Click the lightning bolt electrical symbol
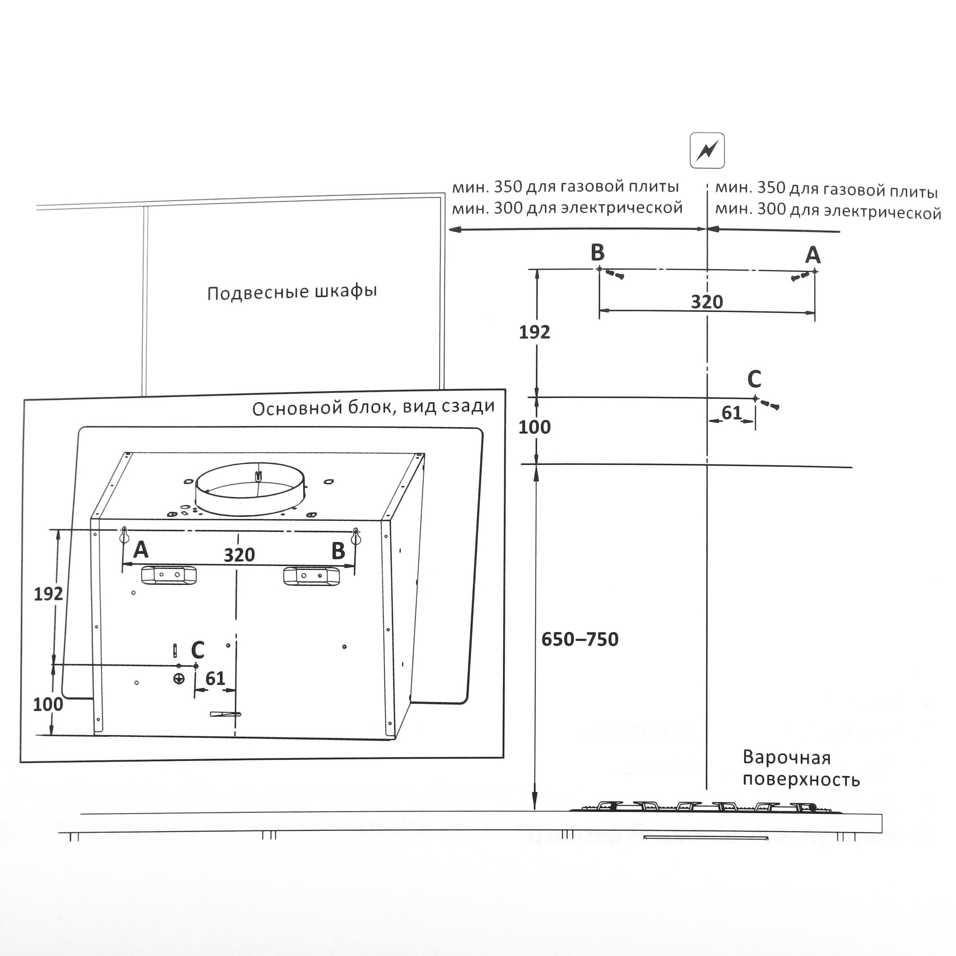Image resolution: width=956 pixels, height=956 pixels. tap(707, 151)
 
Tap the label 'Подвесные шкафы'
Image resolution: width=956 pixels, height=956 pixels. tap(292, 292)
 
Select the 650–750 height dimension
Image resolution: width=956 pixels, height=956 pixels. tap(579, 639)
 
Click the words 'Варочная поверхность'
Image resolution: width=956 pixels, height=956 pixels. tap(801, 769)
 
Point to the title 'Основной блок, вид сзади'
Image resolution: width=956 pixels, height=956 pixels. tap(373, 407)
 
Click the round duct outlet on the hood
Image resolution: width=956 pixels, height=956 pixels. tap(250, 489)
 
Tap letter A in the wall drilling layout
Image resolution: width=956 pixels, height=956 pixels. tap(813, 255)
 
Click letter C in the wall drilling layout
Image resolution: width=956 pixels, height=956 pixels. tap(754, 380)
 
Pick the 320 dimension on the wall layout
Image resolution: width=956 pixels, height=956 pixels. tap(706, 302)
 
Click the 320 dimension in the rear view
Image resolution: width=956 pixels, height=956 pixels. tap(239, 555)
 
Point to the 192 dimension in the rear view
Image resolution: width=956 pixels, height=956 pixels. tap(48, 594)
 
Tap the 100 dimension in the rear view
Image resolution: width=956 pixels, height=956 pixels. tap(48, 704)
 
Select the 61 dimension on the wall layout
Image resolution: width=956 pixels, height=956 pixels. tap(731, 413)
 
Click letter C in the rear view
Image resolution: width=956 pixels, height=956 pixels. tap(197, 650)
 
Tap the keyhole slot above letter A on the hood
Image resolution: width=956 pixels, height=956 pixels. tap(124, 534)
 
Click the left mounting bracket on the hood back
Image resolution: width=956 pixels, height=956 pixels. tap(169, 575)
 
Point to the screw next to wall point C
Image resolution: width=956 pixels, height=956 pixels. tap(770, 404)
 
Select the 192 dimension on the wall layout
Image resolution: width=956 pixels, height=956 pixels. tap(534, 332)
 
